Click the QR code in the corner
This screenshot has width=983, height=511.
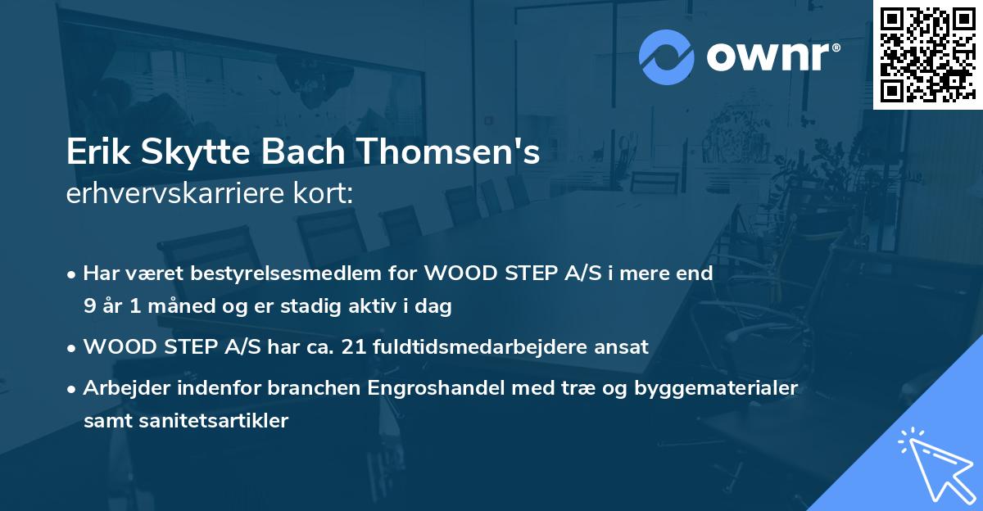pyautogui.click(x=927, y=54)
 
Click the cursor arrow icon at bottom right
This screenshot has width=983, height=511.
pyautogui.click(x=934, y=464)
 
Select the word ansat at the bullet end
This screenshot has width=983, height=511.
pyautogui.click(x=625, y=347)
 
